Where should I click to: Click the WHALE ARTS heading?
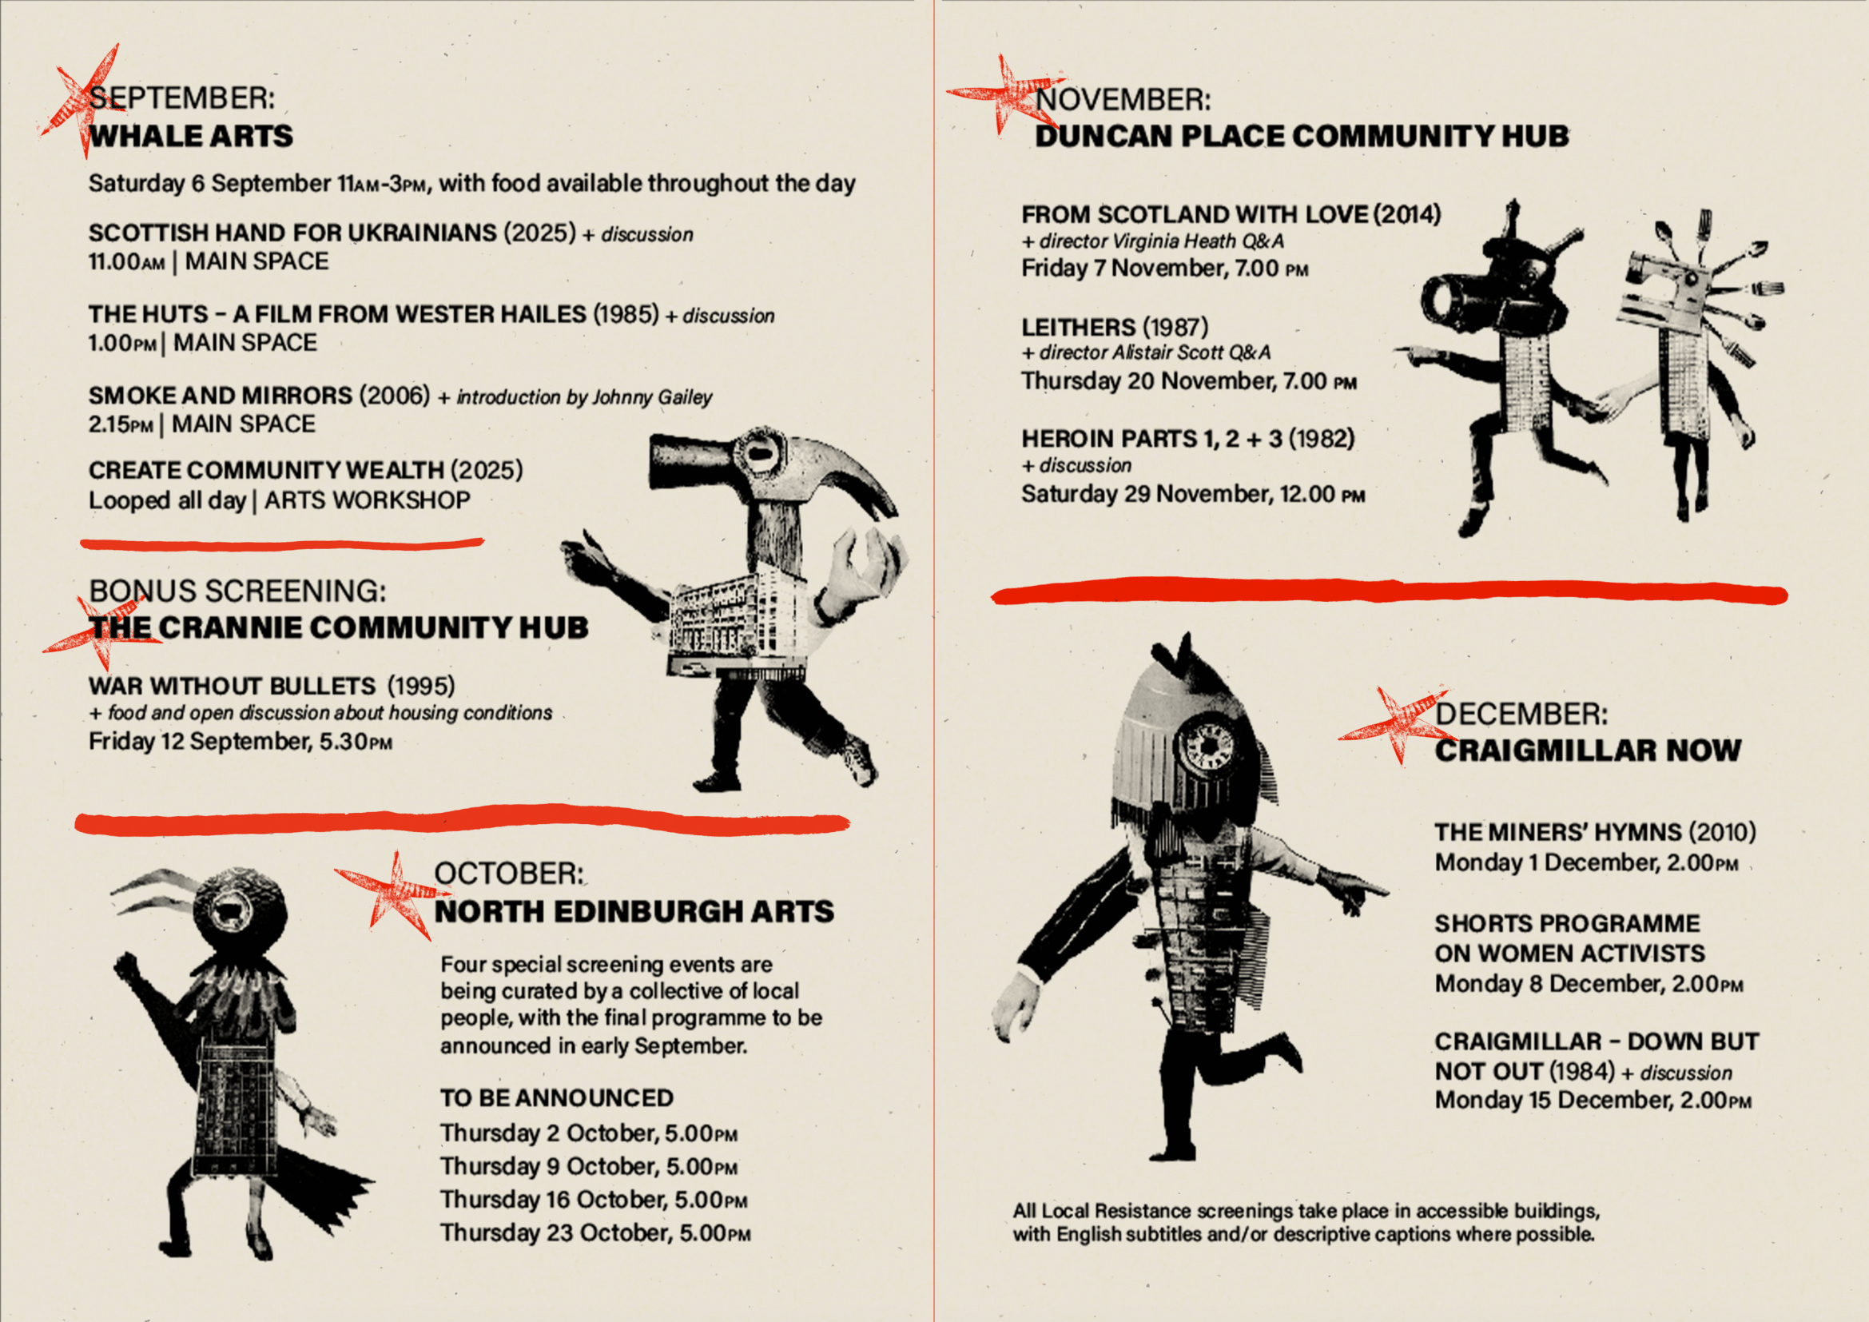pyautogui.click(x=190, y=136)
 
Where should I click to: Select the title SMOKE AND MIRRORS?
pyautogui.click(x=220, y=396)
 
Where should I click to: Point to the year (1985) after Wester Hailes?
pyautogui.click(x=625, y=314)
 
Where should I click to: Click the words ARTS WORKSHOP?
pyautogui.click(x=367, y=500)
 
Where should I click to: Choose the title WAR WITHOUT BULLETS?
pyautogui.click(x=232, y=687)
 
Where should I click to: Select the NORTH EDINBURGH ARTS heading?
pyautogui.click(x=634, y=911)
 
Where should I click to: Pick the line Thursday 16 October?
pyautogui.click(x=594, y=1200)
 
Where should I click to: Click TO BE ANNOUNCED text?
pyautogui.click(x=557, y=1098)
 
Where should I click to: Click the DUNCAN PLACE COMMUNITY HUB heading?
pyautogui.click(x=1302, y=136)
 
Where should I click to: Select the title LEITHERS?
pyautogui.click(x=1079, y=327)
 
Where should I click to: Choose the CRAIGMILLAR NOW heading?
pyautogui.click(x=1588, y=751)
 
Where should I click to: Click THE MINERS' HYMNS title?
pyautogui.click(x=1558, y=832)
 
